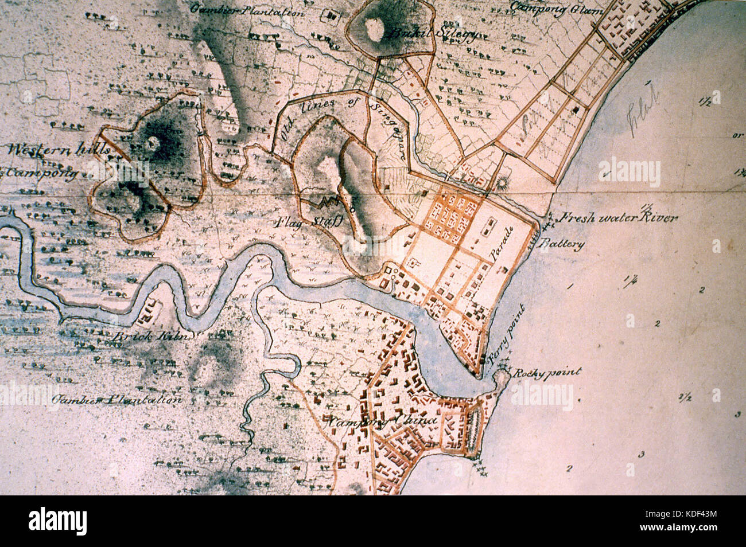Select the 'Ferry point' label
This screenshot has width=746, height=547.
click(x=500, y=333)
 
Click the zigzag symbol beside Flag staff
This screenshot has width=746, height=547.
click(x=328, y=202)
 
